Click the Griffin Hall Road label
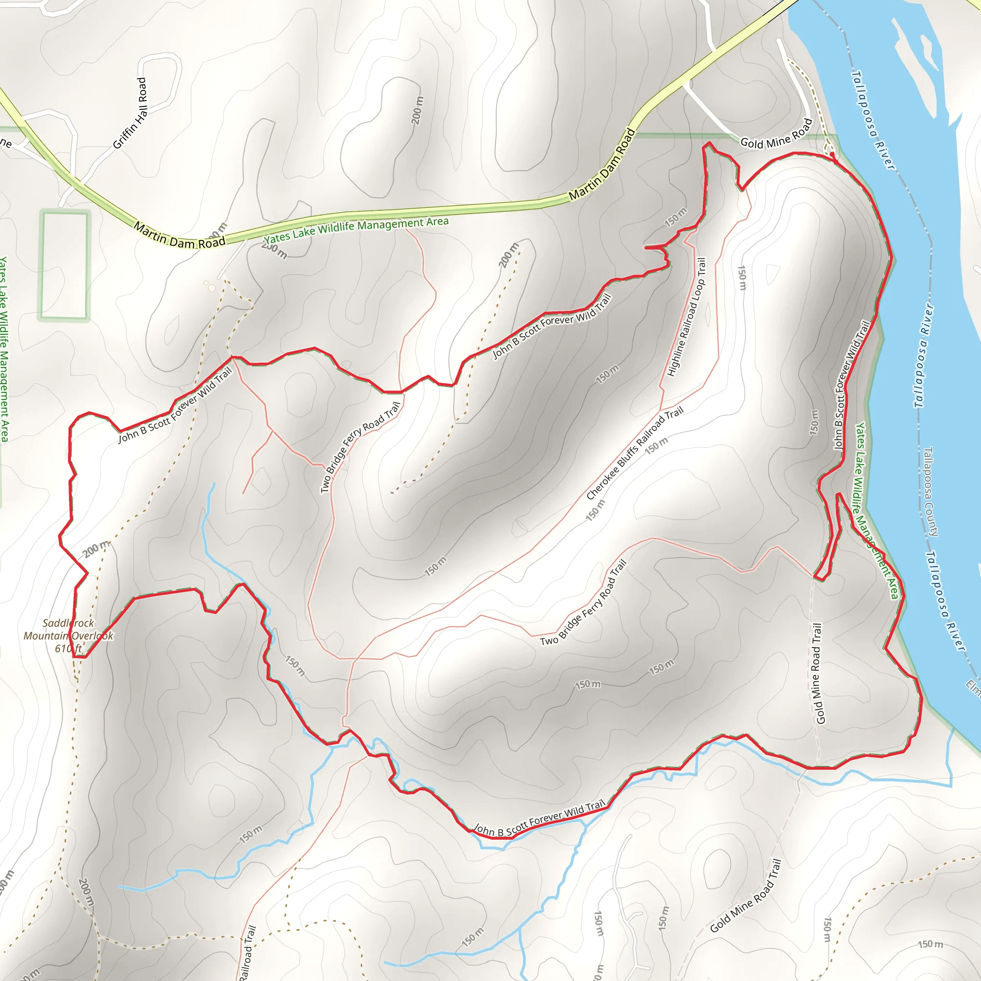(129, 113)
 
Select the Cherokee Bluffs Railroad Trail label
(635, 453)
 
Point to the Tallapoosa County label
(930, 491)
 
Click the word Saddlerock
(68, 623)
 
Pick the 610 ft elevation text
(68, 649)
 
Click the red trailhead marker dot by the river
(832, 155)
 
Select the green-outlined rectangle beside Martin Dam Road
(65, 265)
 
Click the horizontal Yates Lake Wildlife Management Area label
(356, 229)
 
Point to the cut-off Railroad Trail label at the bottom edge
(247, 954)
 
